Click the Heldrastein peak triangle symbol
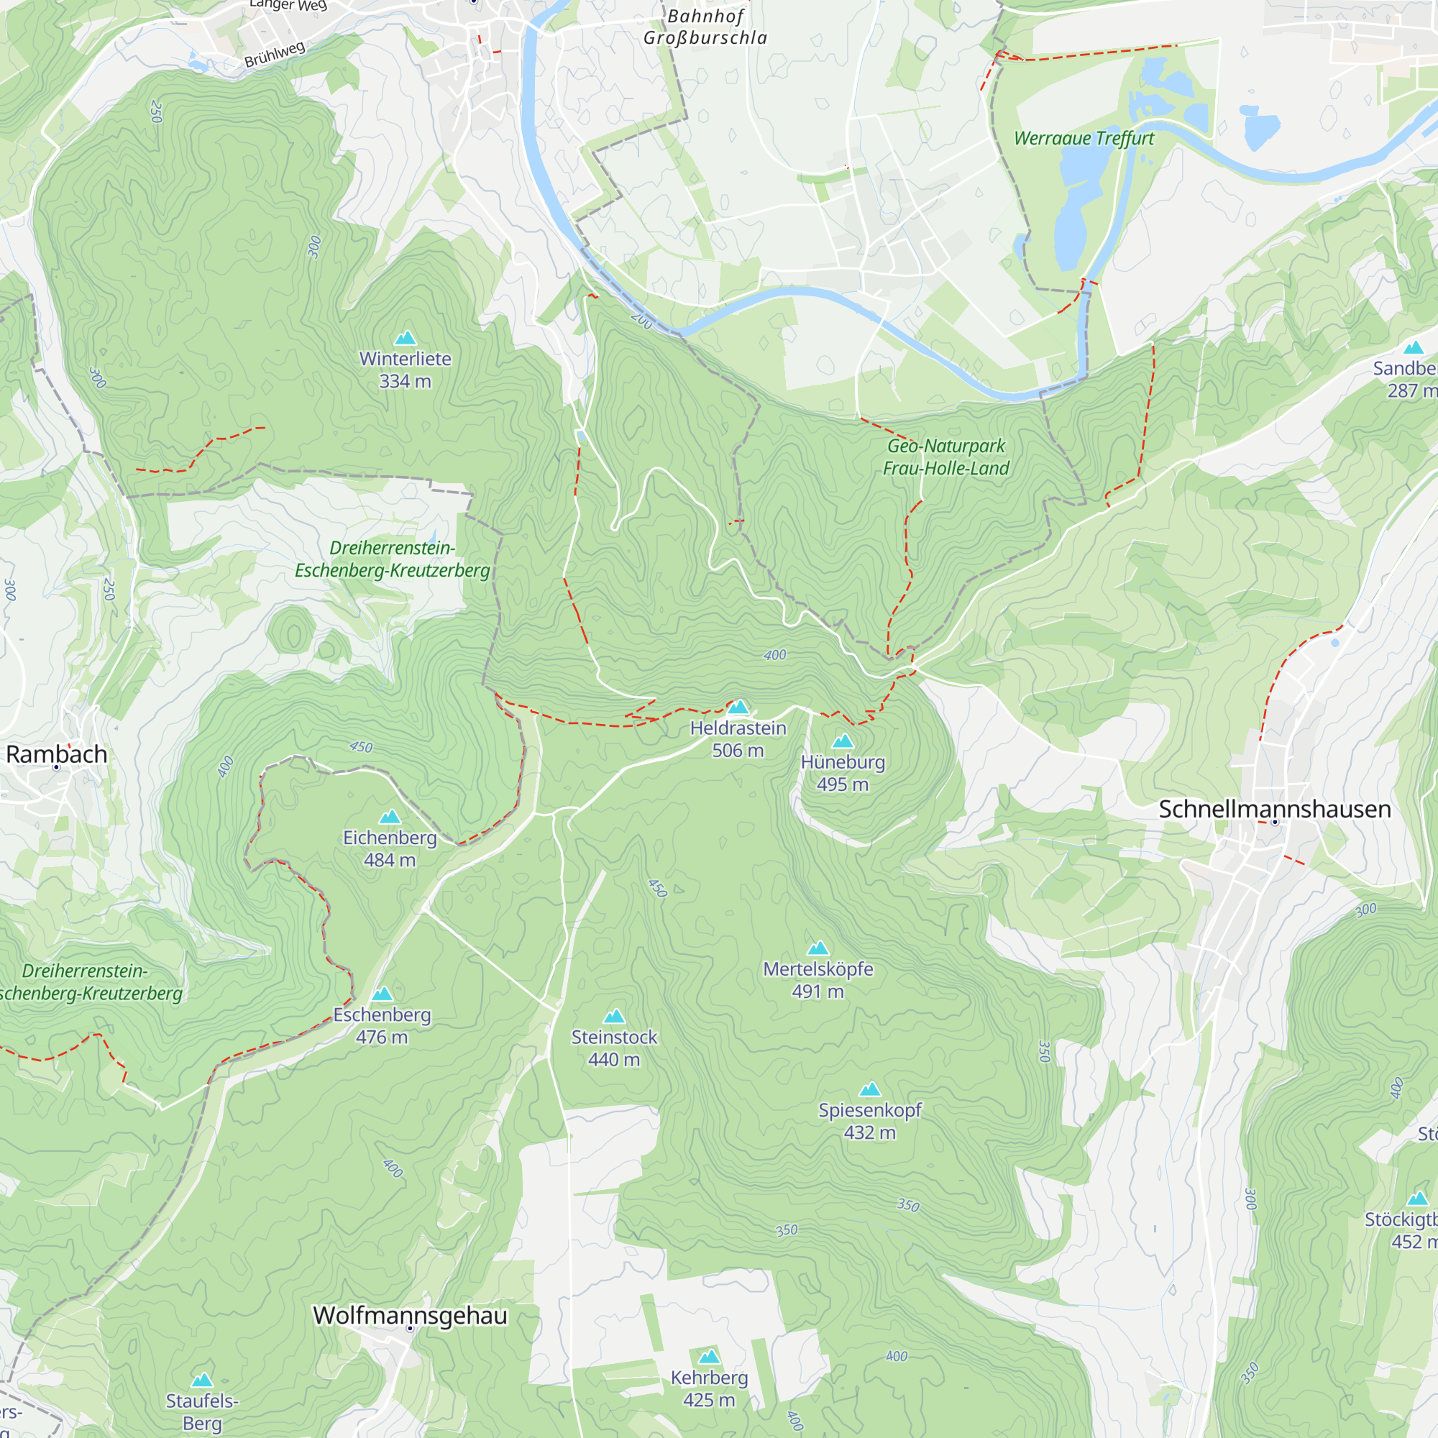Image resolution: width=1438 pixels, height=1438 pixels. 738,706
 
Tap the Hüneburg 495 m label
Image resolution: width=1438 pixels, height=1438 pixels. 843,773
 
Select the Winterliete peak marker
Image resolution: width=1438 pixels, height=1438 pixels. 405,338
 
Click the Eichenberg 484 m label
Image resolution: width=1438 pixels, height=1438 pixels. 389,848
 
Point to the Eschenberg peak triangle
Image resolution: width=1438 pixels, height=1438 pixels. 382,994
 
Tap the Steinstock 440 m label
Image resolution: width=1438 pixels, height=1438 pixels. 614,1048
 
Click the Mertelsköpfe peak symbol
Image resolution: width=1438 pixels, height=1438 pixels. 818,948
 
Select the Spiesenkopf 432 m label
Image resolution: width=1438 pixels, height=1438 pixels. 869,1121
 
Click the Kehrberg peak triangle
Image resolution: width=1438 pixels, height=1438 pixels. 710,1356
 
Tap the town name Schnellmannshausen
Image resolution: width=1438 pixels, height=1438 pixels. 1274,809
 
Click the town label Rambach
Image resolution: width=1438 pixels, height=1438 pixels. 57,754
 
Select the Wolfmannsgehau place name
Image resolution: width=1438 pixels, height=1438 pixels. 410,1315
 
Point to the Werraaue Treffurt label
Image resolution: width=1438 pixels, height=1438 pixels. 1083,139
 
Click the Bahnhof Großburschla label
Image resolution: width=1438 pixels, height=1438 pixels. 705,27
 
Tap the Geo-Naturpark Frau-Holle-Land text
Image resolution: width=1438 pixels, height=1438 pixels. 945,457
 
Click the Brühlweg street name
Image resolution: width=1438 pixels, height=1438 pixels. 275,55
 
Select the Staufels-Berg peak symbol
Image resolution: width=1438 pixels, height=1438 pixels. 202,1380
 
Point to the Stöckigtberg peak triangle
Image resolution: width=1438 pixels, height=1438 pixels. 1417,1199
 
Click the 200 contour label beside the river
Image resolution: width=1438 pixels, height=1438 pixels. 641,321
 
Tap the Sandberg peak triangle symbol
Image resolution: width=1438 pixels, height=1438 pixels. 1413,347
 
